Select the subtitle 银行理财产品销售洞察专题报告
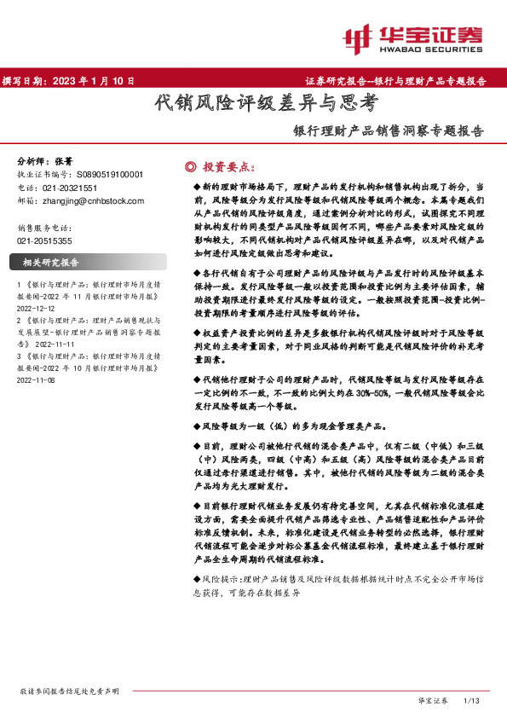[388, 131]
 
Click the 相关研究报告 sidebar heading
[51, 263]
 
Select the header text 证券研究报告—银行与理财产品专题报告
[395, 81]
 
